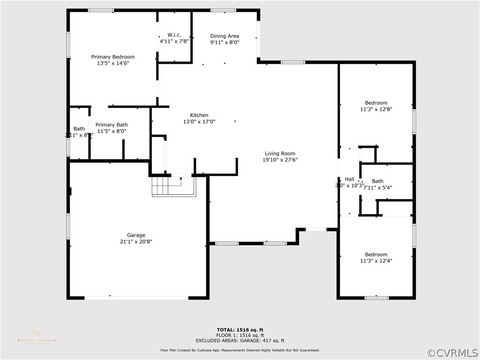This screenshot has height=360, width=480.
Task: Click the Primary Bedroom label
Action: pyautogui.click(x=112, y=57)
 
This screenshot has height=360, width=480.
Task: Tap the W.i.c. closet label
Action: pyautogui.click(x=174, y=35)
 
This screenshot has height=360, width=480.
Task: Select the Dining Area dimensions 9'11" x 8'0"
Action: pyautogui.click(x=225, y=42)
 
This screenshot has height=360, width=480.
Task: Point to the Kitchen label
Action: pyautogui.click(x=199, y=115)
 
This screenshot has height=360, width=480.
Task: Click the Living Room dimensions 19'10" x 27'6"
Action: pyautogui.click(x=280, y=160)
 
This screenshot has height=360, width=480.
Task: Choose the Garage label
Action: pyautogui.click(x=136, y=235)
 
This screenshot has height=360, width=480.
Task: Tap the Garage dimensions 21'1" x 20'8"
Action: pyautogui.click(x=136, y=242)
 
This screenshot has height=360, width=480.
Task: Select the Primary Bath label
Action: pyautogui.click(x=112, y=125)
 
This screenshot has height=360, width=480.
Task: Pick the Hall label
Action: pyautogui.click(x=350, y=179)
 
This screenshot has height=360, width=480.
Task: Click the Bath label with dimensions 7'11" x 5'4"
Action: pyautogui.click(x=377, y=181)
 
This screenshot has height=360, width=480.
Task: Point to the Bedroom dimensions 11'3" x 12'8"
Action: pyautogui.click(x=376, y=109)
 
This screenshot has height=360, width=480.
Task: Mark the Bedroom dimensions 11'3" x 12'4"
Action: pyautogui.click(x=376, y=261)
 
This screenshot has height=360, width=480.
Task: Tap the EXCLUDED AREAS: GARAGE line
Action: pyautogui.click(x=240, y=341)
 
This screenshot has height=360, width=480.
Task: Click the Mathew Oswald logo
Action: pyautogui.click(x=36, y=335)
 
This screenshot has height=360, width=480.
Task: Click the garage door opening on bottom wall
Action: pyautogui.click(x=136, y=297)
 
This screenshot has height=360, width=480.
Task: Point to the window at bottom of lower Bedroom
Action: pyautogui.click(x=377, y=297)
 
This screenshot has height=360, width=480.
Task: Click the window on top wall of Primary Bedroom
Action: pyautogui.click(x=101, y=10)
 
